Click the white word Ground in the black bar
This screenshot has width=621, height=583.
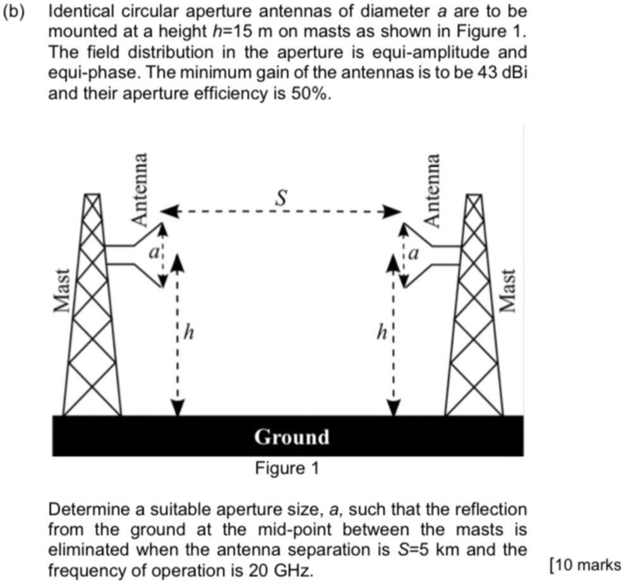click(292, 437)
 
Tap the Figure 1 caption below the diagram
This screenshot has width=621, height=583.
click(287, 469)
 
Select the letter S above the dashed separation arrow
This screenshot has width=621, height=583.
click(282, 198)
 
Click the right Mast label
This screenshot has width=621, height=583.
click(507, 290)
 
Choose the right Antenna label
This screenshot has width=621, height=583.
click(432, 189)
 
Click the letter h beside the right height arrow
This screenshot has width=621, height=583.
click(382, 333)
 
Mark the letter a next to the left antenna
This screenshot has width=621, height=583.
click(152, 251)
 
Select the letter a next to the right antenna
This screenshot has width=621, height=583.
click(414, 254)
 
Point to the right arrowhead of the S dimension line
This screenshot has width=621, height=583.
click(395, 211)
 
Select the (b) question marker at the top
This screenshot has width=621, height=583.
click(11, 13)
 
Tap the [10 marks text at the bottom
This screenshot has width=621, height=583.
click(585, 565)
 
